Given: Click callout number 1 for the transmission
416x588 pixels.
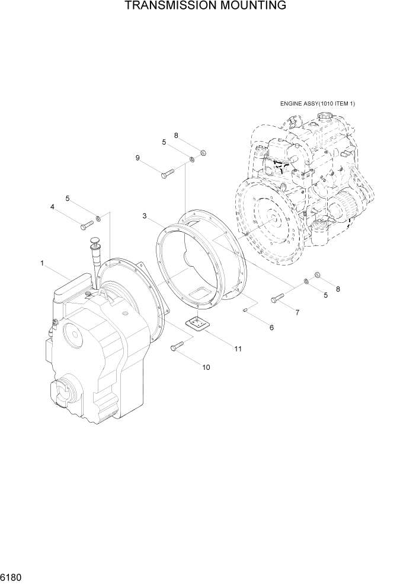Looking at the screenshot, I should click(42, 263).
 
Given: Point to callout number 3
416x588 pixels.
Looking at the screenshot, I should click(145, 216).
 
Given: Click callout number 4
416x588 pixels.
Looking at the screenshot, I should click(52, 207).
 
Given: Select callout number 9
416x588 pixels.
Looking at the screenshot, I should click(137, 158).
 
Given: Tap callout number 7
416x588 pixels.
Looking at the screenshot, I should click(297, 312).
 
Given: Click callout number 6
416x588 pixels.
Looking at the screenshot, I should click(271, 327).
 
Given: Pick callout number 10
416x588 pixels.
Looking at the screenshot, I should click(206, 367).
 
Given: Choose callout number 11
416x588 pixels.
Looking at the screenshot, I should click(238, 349).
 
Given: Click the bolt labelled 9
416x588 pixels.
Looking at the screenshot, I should click(167, 172).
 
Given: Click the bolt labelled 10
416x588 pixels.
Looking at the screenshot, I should click(177, 347).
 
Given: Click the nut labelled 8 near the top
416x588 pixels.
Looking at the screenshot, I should click(203, 153).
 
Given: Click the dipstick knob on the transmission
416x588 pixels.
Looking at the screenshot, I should click(94, 239).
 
